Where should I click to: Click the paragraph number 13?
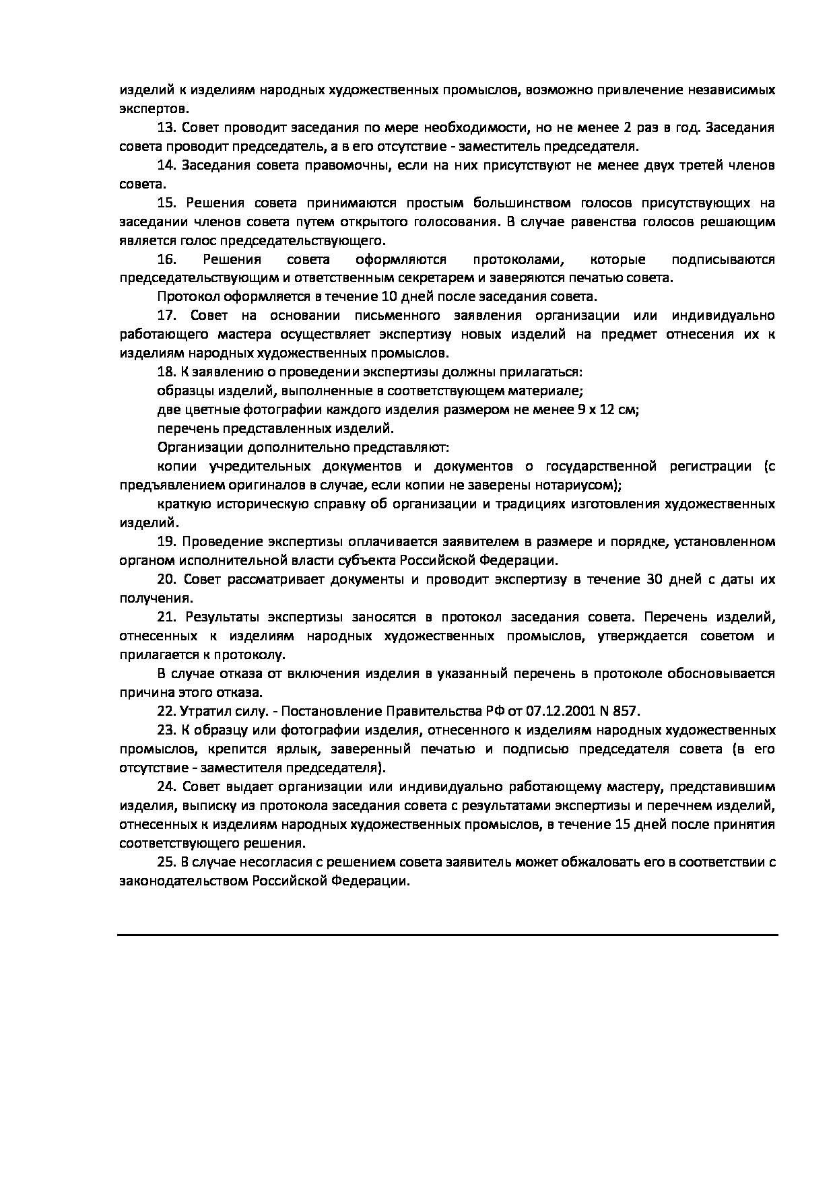click(166, 128)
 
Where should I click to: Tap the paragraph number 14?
click(166, 166)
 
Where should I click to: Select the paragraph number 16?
click(166, 260)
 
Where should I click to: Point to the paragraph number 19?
click(166, 542)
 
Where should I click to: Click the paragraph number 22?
click(166, 712)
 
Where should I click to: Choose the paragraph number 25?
click(166, 862)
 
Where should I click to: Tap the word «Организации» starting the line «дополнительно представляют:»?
click(195, 447)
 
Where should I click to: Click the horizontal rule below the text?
click(447, 935)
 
